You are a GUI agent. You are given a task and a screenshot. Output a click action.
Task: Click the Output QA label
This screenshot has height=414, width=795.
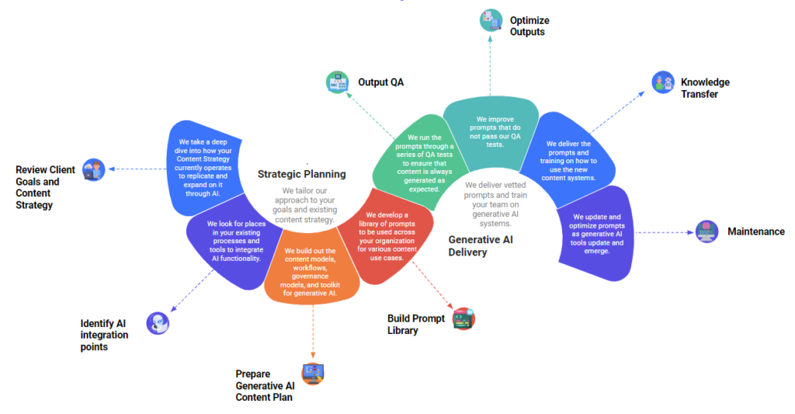coord(380,82)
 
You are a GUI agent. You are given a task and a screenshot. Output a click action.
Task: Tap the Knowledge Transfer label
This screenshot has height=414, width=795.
coord(705,88)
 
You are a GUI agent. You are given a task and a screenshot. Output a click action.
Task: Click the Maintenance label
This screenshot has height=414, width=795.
coord(755,231)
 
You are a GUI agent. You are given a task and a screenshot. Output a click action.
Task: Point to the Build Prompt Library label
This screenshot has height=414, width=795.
coord(416,325)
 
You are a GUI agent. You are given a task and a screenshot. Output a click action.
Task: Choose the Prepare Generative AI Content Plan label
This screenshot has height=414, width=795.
coord(265,385)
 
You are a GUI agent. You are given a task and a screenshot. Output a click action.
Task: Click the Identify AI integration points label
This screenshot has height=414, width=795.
coord(104,335)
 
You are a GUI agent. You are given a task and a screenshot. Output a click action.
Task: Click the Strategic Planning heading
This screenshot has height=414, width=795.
coord(301,174)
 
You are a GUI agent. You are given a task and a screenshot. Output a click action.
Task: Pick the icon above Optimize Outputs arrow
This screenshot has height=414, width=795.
coord(490,19)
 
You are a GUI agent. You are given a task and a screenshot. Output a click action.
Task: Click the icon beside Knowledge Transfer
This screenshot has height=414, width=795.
coord(661,82)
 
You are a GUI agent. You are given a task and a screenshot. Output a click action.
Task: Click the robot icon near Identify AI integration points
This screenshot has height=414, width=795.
coord(158,322)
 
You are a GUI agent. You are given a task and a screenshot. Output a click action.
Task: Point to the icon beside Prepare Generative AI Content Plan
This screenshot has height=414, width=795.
coord(313,374)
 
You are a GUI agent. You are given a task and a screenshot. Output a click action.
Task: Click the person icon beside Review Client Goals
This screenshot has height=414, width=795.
coord(94,169)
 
